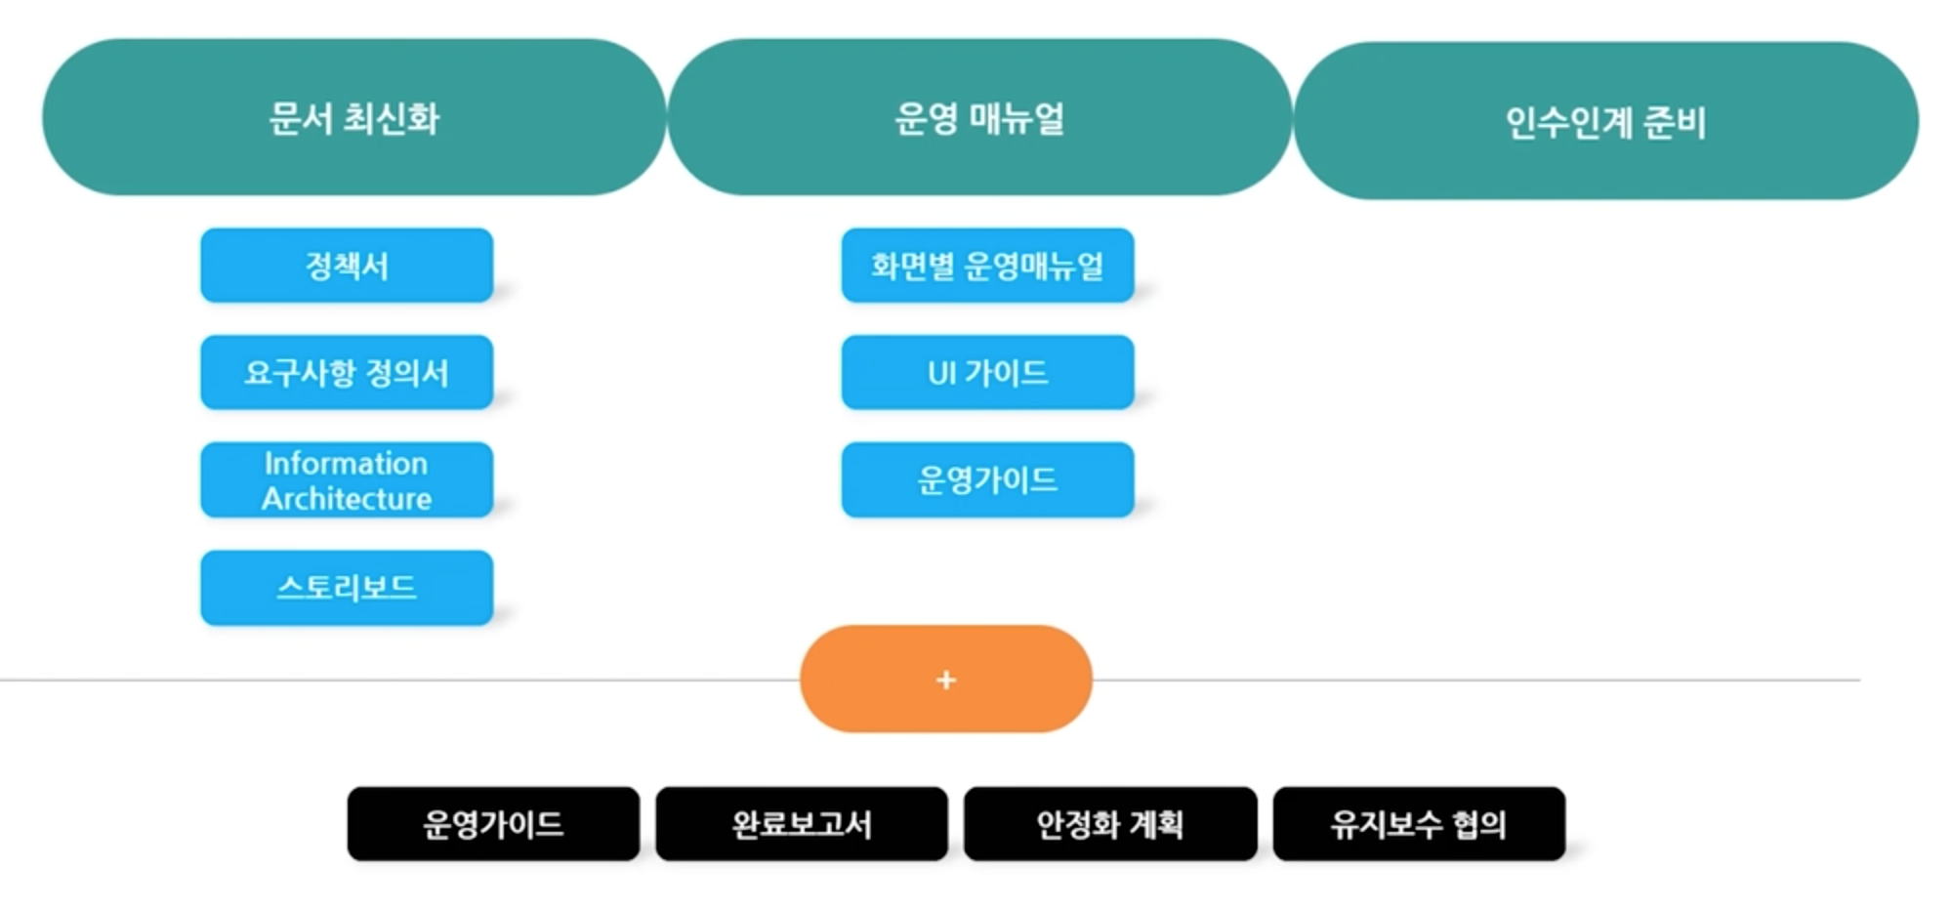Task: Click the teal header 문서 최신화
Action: click(353, 118)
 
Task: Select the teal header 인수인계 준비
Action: click(1605, 122)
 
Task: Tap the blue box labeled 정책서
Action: click(347, 266)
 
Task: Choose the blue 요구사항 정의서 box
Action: click(347, 373)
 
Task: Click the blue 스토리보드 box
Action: click(347, 588)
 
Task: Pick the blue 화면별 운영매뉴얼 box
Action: click(987, 266)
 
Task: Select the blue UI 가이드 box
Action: click(987, 373)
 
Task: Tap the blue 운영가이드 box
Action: click(987, 480)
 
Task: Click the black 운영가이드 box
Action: click(493, 824)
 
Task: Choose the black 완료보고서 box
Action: click(802, 824)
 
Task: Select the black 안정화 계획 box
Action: click(1110, 824)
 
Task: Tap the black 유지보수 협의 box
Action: click(1419, 824)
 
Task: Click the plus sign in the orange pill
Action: click(945, 680)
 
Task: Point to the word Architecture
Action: click(347, 499)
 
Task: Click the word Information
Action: click(347, 463)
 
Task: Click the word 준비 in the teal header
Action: click(1675, 122)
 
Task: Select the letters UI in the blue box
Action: click(941, 373)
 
